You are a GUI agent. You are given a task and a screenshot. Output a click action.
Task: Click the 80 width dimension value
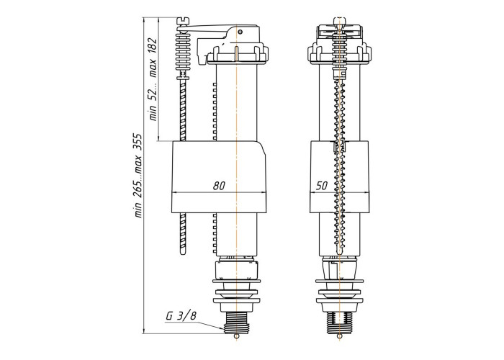(x=219, y=186)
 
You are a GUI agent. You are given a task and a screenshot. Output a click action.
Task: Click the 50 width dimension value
(x=321, y=186)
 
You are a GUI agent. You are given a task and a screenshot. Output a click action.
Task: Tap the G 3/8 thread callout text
(x=181, y=315)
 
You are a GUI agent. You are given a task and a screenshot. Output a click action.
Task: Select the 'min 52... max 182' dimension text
(x=153, y=79)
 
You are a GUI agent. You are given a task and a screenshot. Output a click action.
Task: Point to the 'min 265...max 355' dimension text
(x=138, y=175)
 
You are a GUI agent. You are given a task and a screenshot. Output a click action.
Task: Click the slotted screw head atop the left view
(x=183, y=21)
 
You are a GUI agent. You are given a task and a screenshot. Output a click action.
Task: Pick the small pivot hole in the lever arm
(x=240, y=32)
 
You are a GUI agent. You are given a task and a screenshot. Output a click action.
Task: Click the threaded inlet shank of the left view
(x=236, y=323)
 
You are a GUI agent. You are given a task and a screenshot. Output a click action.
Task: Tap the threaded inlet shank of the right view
(x=339, y=323)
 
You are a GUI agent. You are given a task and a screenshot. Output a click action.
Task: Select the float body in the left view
(x=219, y=177)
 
